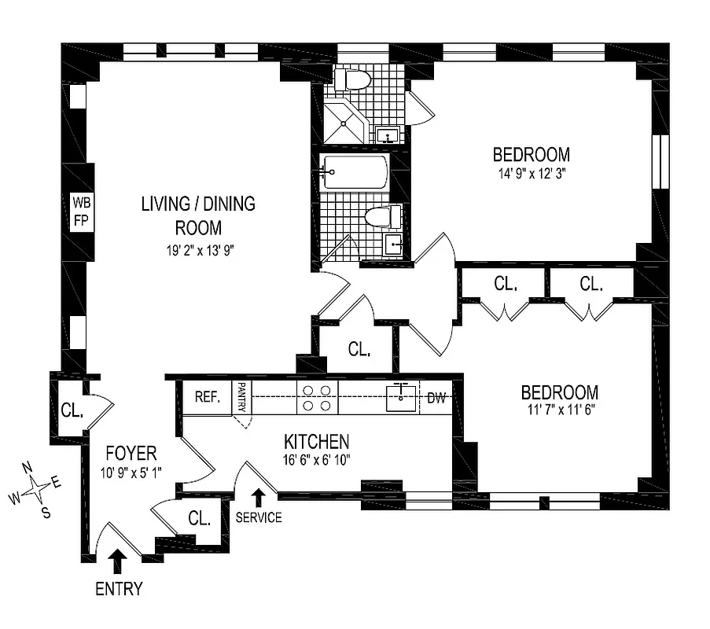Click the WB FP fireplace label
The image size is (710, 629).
81,211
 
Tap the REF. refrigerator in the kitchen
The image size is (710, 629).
206,398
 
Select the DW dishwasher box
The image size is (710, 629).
436,399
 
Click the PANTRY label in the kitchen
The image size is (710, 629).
242,398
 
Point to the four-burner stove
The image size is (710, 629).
316,399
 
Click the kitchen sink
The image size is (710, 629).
404,398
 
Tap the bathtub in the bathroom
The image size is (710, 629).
355,171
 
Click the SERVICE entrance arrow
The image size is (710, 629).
259,498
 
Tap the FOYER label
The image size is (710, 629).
131,454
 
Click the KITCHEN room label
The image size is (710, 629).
317,442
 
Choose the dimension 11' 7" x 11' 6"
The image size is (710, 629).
559,412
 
